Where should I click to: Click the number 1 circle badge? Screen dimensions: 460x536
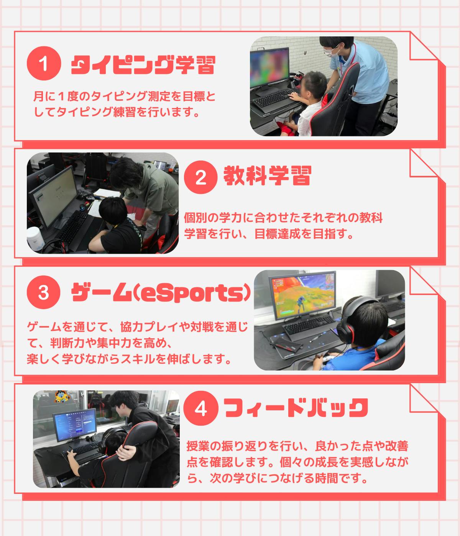[x=44, y=63]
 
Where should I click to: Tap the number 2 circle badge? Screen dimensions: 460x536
[x=200, y=177]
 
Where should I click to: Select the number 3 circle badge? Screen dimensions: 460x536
[x=43, y=292]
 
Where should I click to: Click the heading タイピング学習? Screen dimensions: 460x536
[x=143, y=65]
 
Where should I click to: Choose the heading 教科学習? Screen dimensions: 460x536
[x=267, y=176]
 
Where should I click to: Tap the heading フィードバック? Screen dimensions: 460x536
[x=296, y=408]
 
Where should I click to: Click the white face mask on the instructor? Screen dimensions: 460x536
[x=331, y=51]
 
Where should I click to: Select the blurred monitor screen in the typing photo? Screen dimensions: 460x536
[x=269, y=67]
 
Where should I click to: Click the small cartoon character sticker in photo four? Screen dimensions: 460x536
[x=62, y=396]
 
